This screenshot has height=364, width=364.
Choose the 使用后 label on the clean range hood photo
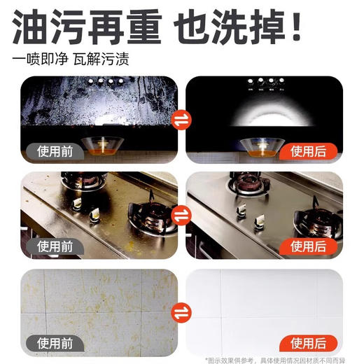[x=309, y=150]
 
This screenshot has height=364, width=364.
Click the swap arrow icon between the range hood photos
[x=181, y=122]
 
